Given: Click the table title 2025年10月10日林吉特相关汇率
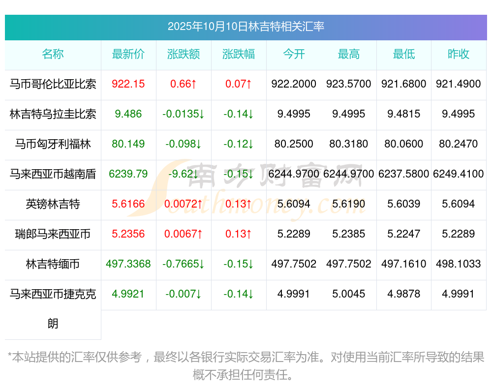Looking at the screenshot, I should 246,27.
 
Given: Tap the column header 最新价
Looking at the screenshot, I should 128,54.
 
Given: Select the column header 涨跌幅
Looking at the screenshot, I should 239,54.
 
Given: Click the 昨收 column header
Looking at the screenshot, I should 459,54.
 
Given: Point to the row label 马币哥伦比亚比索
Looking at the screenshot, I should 53,84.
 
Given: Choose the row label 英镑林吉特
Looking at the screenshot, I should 53,204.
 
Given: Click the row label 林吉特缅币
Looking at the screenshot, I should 53,264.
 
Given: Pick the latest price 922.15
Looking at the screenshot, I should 128,84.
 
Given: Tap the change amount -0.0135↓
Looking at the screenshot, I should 184,114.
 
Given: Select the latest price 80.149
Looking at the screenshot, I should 128,144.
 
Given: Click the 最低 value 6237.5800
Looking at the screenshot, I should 404,174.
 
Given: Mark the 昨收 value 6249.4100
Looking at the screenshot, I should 459,174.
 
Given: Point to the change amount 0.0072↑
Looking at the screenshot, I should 184,204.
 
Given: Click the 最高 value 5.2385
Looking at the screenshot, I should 349,234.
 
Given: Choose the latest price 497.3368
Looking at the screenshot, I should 128,264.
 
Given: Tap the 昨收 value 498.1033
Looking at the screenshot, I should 459,264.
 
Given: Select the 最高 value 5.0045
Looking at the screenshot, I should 349,294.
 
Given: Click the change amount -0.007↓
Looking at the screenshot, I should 184,294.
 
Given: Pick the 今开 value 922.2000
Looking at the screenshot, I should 294,84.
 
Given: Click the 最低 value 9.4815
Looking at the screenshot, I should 404,114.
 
